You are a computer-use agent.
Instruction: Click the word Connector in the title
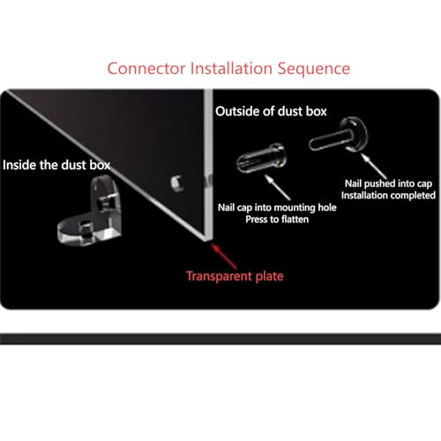(146, 69)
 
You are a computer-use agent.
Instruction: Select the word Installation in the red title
(231, 68)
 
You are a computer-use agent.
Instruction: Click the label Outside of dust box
(271, 111)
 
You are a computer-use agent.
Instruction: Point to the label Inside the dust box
(56, 165)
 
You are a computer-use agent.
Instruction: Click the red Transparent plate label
(235, 276)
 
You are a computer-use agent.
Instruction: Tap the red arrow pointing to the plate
(224, 256)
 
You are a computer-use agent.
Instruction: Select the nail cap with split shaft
(261, 159)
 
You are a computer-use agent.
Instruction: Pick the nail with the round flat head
(339, 136)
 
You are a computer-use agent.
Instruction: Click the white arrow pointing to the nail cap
(277, 187)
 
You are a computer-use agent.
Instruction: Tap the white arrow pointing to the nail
(374, 166)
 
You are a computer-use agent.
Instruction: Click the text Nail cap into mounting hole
(277, 207)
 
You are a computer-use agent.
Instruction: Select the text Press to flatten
(277, 220)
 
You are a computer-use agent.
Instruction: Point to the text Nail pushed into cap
(388, 183)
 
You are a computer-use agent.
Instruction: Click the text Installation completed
(388, 196)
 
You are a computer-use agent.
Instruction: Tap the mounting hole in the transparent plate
(177, 183)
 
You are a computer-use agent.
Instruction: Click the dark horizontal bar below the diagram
(220, 339)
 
